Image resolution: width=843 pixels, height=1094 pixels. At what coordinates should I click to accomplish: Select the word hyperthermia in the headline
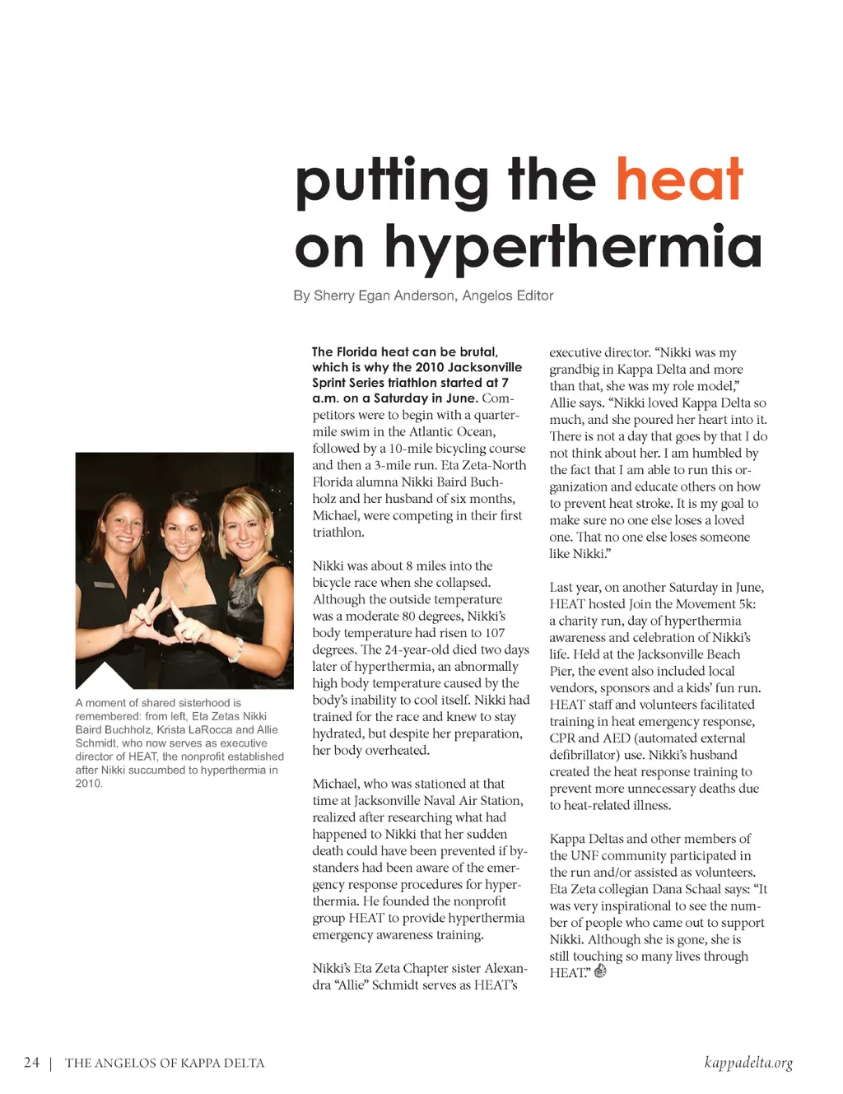click(x=573, y=247)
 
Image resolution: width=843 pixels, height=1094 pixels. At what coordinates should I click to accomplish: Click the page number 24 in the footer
click(x=31, y=1063)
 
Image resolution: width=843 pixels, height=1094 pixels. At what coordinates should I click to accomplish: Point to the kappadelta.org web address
click(x=748, y=1063)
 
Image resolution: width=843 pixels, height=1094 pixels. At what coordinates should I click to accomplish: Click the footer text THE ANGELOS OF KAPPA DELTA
click(x=165, y=1064)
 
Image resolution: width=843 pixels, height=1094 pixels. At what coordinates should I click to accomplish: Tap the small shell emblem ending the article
click(x=600, y=971)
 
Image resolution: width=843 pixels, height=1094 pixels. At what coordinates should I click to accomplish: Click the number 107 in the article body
click(x=494, y=633)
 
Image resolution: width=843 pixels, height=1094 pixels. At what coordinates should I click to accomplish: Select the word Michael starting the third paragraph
click(x=336, y=784)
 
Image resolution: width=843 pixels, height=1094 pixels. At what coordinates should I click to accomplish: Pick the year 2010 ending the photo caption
click(x=88, y=784)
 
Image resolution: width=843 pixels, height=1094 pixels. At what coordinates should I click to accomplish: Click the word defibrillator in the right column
click(x=587, y=755)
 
